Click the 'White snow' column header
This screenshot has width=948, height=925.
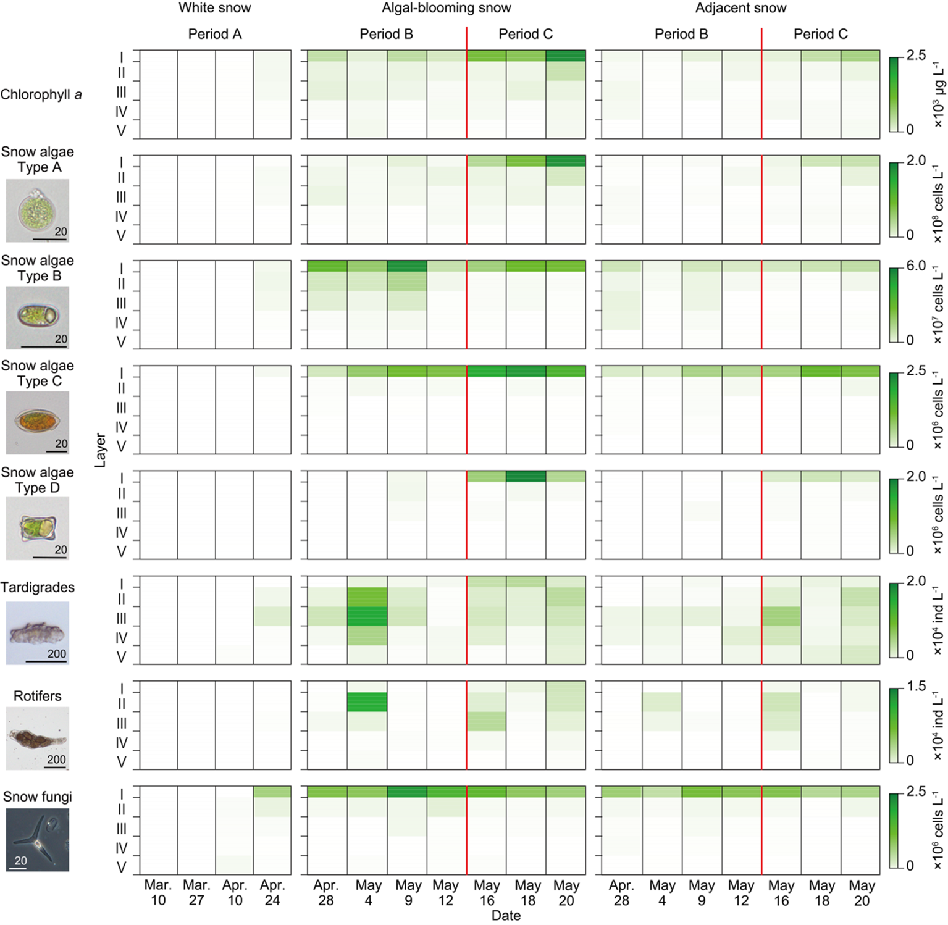point(214,8)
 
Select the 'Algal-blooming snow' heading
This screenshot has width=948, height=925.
point(446,8)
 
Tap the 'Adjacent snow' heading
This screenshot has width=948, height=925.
point(740,8)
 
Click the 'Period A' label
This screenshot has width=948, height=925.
point(214,34)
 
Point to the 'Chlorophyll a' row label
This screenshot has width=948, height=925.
point(41,94)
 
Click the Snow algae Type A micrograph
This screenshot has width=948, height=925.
point(37,211)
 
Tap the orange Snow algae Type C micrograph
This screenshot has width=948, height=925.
point(37,423)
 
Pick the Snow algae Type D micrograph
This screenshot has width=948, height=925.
point(37,529)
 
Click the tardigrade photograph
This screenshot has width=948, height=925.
point(37,634)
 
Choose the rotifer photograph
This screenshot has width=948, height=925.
point(37,739)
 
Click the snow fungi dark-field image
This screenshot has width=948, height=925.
point(37,840)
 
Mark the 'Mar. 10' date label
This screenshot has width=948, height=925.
point(158,892)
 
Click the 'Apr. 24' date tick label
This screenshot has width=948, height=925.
point(272,892)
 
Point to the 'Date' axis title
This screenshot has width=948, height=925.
point(506,916)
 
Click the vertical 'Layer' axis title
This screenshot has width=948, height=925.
point(100,450)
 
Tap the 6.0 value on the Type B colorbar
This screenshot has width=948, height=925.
point(916,266)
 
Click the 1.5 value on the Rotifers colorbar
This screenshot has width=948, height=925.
point(917,686)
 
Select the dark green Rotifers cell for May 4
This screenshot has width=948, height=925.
point(367,702)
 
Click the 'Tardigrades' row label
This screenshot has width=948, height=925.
point(38,587)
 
